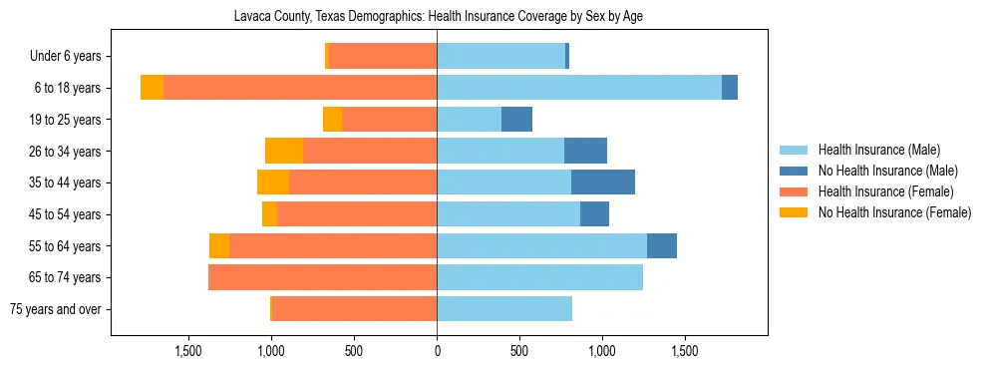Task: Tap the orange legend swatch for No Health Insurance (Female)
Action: pyautogui.click(x=794, y=211)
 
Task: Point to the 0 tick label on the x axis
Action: pyautogui.click(x=437, y=352)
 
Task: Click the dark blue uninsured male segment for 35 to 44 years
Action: pyautogui.click(x=602, y=183)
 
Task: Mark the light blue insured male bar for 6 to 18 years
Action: pyautogui.click(x=578, y=88)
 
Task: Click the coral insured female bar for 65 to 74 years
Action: pyautogui.click(x=322, y=277)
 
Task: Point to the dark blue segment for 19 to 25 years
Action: pyautogui.click(x=516, y=120)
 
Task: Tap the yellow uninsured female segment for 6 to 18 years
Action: pyautogui.click(x=152, y=88)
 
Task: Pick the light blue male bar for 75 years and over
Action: pyautogui.click(x=503, y=309)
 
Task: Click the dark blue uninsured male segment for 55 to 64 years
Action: pyautogui.click(x=661, y=245)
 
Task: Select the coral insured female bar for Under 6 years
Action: pyautogui.click(x=383, y=57)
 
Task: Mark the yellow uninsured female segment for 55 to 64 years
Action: pyautogui.click(x=219, y=245)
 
